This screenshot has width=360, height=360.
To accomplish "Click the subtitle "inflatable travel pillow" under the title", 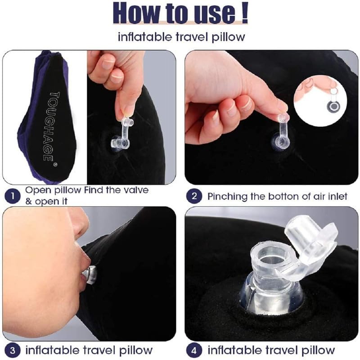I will point(180,37).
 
